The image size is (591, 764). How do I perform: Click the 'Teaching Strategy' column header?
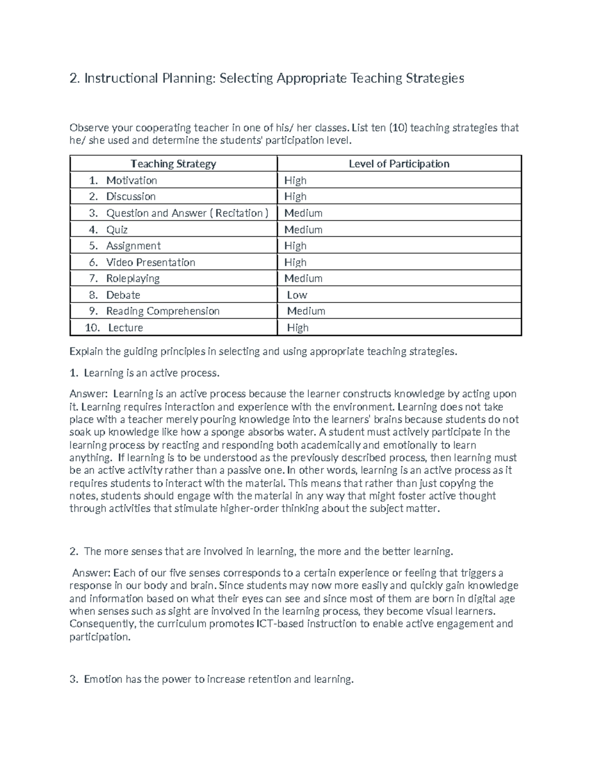pyautogui.click(x=173, y=164)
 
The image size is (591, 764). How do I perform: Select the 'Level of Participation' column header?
pyautogui.click(x=399, y=164)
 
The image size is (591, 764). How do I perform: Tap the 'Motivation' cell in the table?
pyautogui.click(x=131, y=181)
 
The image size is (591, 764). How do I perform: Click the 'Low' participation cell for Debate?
pyautogui.click(x=297, y=295)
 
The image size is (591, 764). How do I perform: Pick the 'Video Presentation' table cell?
pyautogui.click(x=151, y=262)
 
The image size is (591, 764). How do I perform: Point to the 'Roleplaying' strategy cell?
pyautogui.click(x=133, y=278)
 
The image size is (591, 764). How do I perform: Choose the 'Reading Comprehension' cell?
pyautogui.click(x=163, y=311)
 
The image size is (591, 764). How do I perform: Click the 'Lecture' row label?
pyautogui.click(x=126, y=328)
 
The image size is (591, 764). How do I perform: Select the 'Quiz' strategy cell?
pyautogui.click(x=117, y=230)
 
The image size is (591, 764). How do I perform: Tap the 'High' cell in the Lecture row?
pyautogui.click(x=298, y=328)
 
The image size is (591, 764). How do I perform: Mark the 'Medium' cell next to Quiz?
pyautogui.click(x=303, y=230)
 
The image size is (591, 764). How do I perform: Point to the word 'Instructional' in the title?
pyautogui.click(x=121, y=78)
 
